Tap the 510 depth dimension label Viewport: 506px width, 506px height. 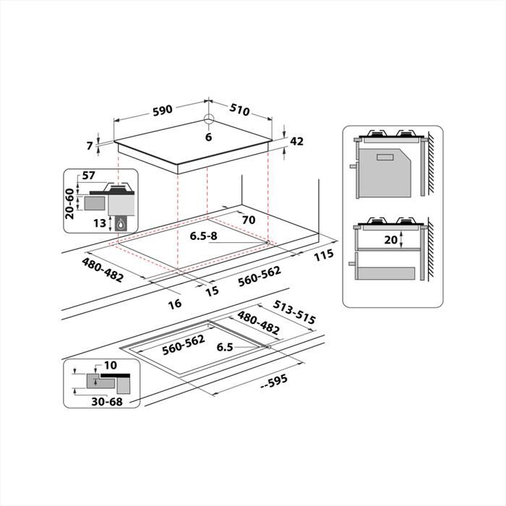[x=239, y=110]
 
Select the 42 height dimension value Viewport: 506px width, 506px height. [x=296, y=142]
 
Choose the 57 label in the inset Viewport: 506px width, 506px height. [x=89, y=176]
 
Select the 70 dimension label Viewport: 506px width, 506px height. [x=250, y=220]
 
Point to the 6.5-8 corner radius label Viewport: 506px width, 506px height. [x=204, y=236]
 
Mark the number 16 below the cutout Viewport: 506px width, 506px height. [x=175, y=304]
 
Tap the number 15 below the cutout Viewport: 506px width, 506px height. [x=212, y=291]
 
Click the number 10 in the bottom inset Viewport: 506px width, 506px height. [x=110, y=365]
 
